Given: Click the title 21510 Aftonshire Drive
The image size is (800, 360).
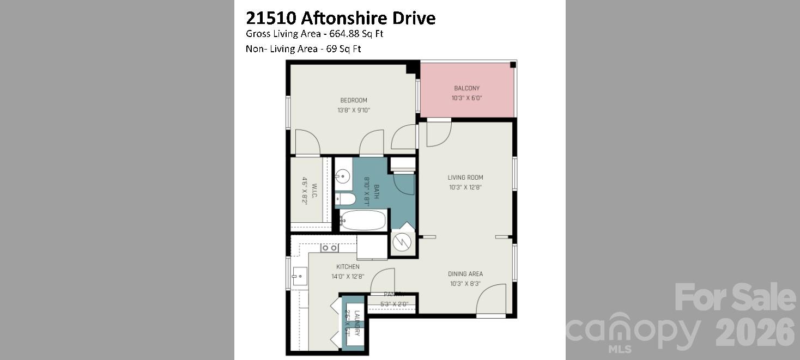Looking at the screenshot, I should click(x=341, y=19).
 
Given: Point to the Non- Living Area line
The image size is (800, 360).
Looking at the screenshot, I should click(x=304, y=49).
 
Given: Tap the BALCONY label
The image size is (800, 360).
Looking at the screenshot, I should click(x=466, y=88).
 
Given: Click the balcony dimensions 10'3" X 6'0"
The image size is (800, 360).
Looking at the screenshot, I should click(x=466, y=99).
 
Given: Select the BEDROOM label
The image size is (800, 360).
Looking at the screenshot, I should click(x=354, y=100).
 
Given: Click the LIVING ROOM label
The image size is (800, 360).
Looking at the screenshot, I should click(x=465, y=178).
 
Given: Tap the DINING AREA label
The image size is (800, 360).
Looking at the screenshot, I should click(x=465, y=274).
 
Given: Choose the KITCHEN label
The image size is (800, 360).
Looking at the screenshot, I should click(x=348, y=267).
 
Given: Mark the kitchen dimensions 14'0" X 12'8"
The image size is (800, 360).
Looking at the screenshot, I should click(x=348, y=276).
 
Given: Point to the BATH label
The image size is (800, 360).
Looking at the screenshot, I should click(x=376, y=191).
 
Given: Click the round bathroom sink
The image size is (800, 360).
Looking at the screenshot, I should click(x=343, y=176).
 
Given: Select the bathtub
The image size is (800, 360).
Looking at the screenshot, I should click(x=363, y=221).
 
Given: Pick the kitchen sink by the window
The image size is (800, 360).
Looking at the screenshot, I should click(x=299, y=276).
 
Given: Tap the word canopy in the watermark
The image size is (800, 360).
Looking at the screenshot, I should click(x=632, y=331).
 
